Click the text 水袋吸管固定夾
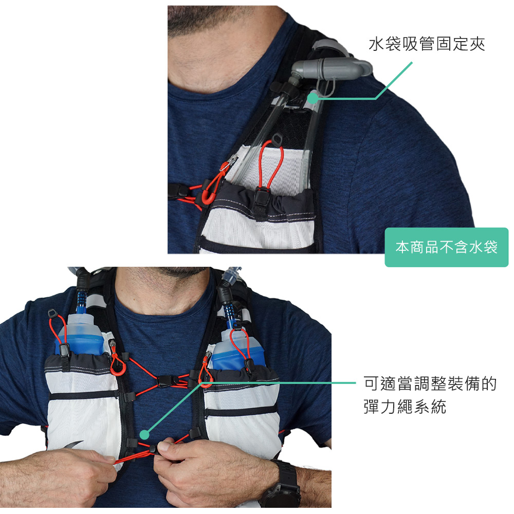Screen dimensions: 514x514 click(427, 45)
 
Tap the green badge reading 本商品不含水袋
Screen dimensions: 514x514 click(446, 247)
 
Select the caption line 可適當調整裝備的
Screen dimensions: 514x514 click(430, 383)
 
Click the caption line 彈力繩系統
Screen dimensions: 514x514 click(405, 408)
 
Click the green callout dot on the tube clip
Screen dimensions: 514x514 click(312, 97)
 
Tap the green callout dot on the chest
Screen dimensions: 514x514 click(145, 435)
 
